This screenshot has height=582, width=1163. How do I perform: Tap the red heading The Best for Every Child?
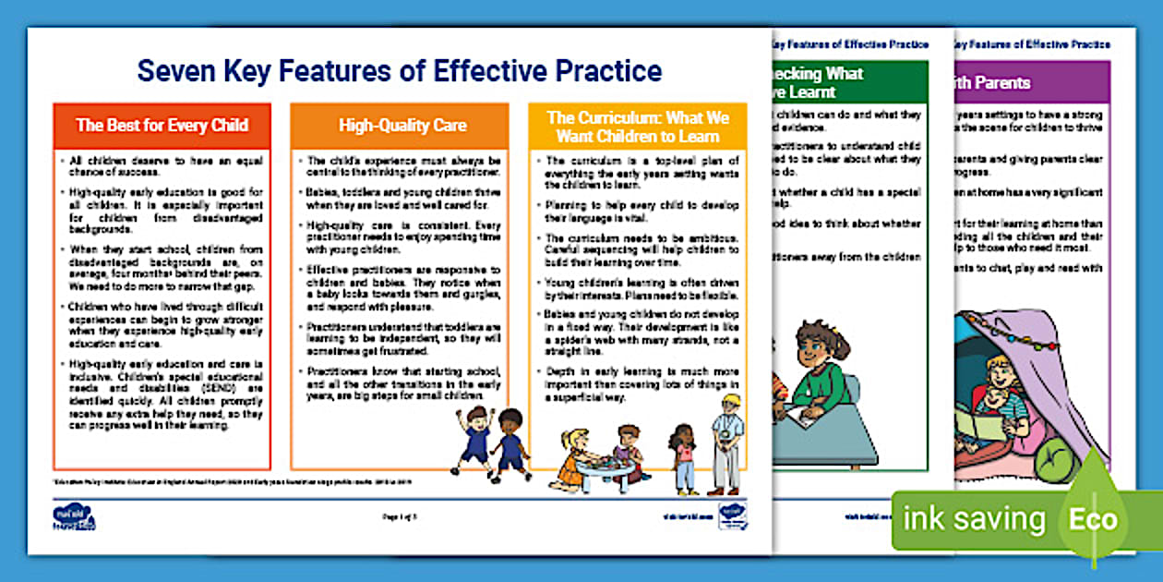coord(162,126)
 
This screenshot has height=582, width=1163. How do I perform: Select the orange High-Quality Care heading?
coord(402,126)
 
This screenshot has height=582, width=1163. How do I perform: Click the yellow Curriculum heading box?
coord(638,126)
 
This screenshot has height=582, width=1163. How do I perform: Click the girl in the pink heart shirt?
coord(684,458)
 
